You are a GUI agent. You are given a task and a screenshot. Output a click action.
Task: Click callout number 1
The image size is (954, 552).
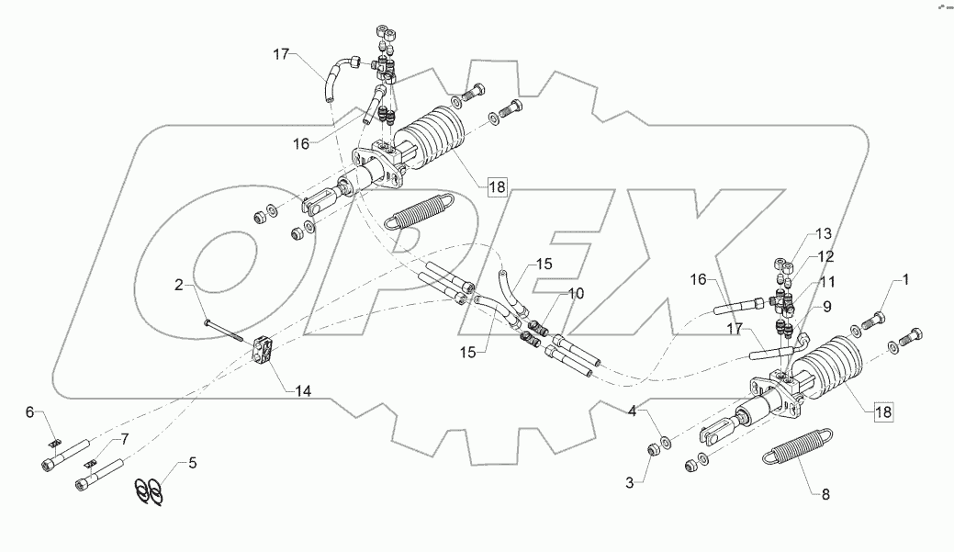[x=905, y=278]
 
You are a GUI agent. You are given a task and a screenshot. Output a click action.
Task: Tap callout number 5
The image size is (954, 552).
[x=192, y=462]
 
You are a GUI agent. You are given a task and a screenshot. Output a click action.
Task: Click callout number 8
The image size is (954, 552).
[x=825, y=494]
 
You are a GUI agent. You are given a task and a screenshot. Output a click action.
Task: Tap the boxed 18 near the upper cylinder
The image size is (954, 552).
[x=496, y=187]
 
